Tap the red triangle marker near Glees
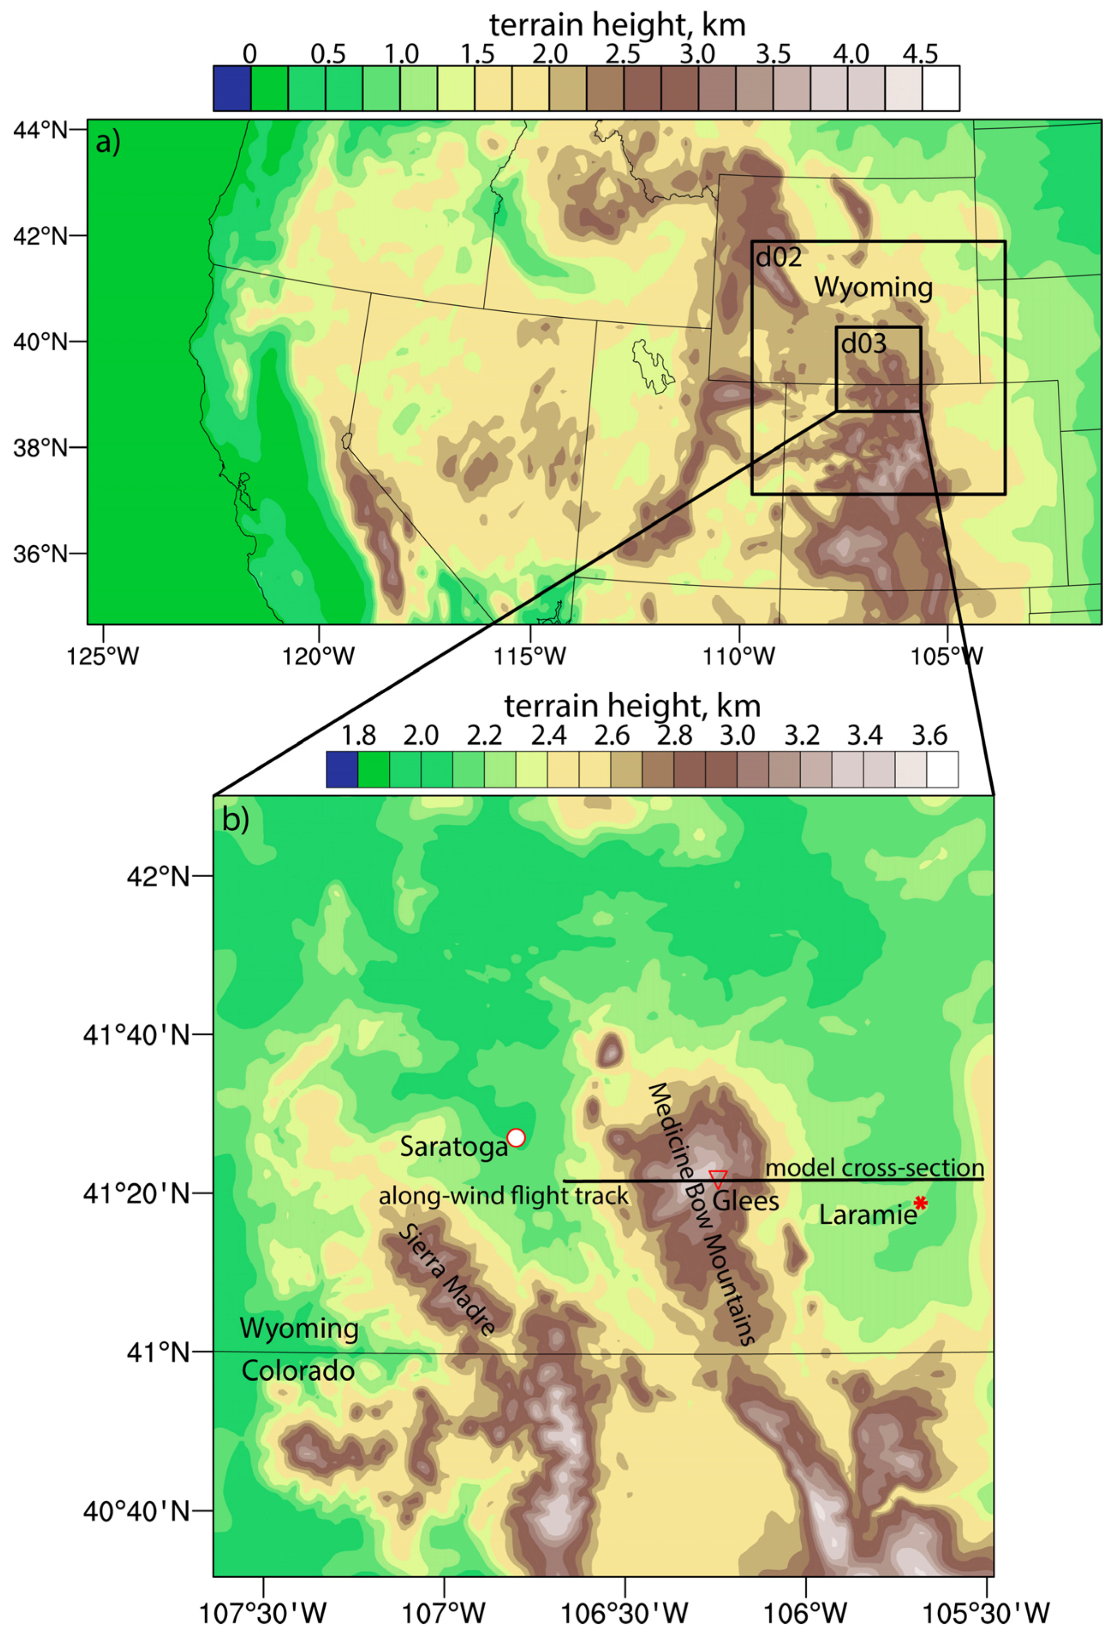pos(718,1178)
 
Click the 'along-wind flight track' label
pos(503,1196)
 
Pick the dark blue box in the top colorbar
pos(232,88)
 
